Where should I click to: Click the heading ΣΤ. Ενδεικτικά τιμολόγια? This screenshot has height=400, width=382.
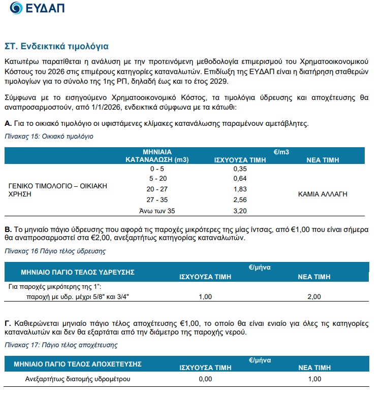click(56, 46)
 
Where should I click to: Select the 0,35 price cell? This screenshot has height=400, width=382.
click(239, 168)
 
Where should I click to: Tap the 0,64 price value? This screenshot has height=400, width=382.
click(239, 178)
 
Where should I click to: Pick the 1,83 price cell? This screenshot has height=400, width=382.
click(239, 189)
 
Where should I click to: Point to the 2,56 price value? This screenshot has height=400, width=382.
click(239, 199)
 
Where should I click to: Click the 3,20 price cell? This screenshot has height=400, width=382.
click(239, 210)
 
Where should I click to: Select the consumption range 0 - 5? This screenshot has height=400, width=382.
click(157, 168)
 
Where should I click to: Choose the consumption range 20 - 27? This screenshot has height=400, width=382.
click(157, 189)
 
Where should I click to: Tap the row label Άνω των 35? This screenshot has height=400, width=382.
click(157, 210)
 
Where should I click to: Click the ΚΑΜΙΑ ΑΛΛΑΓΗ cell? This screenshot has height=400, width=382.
click(323, 194)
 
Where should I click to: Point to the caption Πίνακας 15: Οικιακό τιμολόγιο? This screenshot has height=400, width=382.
click(49, 137)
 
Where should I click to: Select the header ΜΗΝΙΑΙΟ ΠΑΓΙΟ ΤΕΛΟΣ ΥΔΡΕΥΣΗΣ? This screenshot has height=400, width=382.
click(77, 273)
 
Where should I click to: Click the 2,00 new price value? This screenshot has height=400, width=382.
click(314, 296)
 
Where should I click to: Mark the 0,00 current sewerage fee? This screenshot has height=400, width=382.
click(205, 379)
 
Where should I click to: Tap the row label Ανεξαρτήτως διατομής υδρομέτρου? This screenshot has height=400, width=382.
click(78, 379)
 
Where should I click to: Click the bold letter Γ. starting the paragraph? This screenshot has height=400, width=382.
click(8, 323)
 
